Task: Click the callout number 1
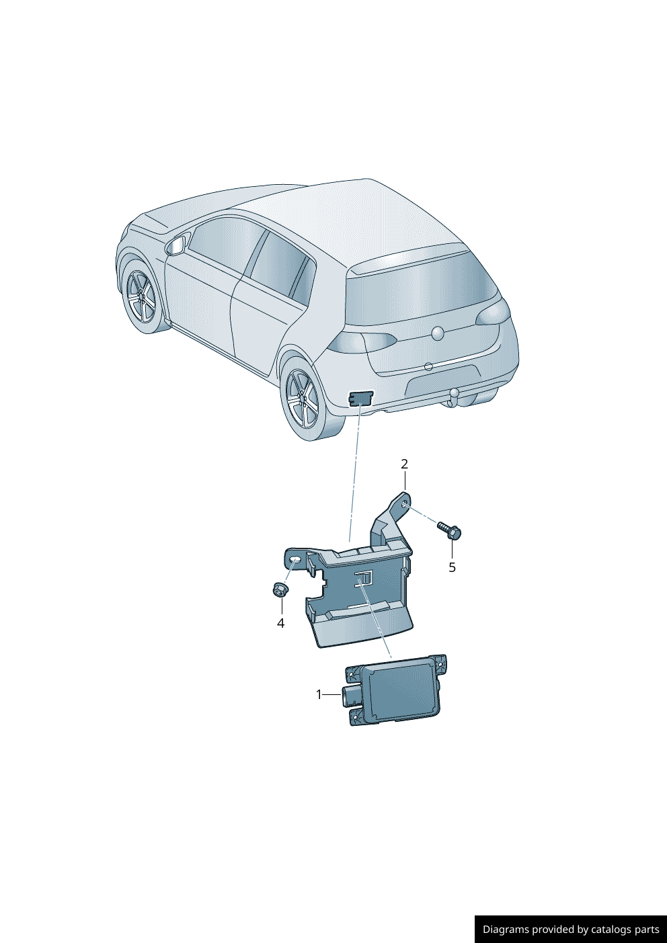[319, 694]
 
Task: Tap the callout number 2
[404, 464]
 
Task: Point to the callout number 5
[452, 567]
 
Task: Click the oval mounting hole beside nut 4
[296, 559]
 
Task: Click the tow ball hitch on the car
[454, 395]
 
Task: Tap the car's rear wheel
[304, 399]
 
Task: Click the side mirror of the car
[176, 246]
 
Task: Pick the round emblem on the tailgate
[438, 333]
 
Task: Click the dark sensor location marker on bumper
[360, 397]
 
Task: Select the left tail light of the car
[362, 343]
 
